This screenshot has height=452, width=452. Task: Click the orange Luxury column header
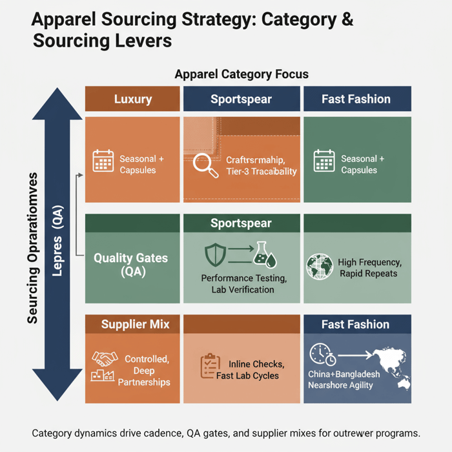pos(133,99)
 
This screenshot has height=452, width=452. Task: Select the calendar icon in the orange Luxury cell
pos(103,161)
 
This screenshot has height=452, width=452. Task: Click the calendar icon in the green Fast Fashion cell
pos(324,161)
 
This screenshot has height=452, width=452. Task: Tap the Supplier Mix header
pos(135,324)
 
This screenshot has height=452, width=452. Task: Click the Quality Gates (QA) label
pos(130,265)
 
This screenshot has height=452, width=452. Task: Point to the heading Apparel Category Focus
pos(241,74)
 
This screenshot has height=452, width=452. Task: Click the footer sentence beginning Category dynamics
pos(226,433)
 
